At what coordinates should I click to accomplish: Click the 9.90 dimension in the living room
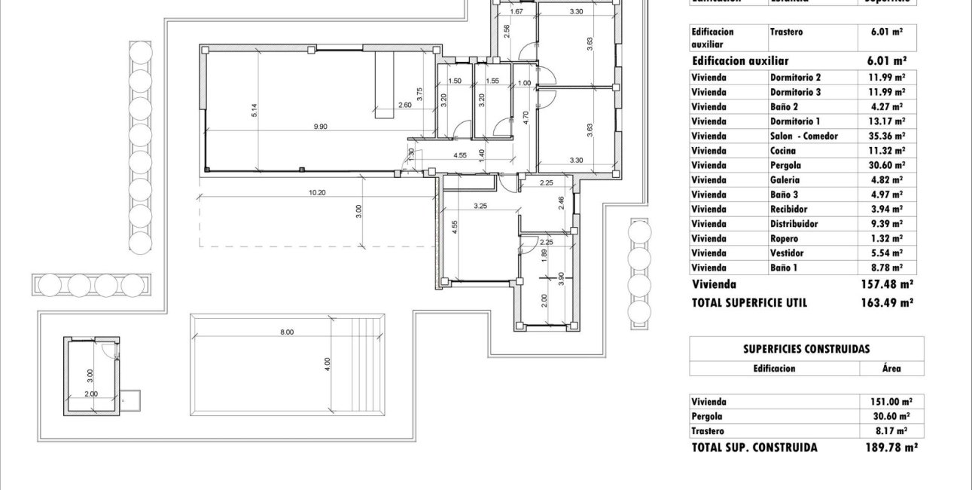pyautogui.click(x=321, y=127)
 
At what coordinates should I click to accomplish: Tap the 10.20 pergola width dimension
pyautogui.click(x=317, y=192)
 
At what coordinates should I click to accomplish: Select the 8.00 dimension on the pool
pyautogui.click(x=286, y=332)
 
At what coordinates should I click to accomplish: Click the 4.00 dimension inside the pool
pyautogui.click(x=328, y=363)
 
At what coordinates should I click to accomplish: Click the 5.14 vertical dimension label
pyautogui.click(x=255, y=109)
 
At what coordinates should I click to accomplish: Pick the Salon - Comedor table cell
pyautogui.click(x=803, y=136)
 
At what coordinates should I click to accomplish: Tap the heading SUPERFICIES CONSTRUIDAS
pyautogui.click(x=806, y=349)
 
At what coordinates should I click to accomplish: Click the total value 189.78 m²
pyautogui.click(x=891, y=447)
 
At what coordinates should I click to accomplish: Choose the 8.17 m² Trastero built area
pyautogui.click(x=891, y=430)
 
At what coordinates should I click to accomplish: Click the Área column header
pyautogui.click(x=891, y=369)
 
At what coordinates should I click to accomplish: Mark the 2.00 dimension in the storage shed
pyautogui.click(x=90, y=394)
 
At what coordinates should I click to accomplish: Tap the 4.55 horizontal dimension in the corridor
pyautogui.click(x=462, y=155)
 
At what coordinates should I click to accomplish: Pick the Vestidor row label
pyautogui.click(x=786, y=253)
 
